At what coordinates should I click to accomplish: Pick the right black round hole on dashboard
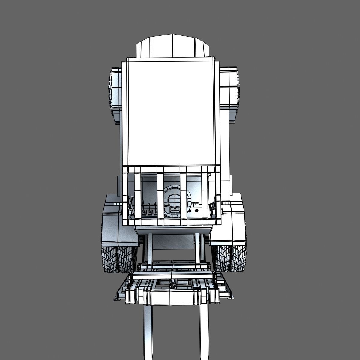pyautogui.click(x=197, y=211)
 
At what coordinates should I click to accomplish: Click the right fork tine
pyautogui.click(x=196, y=330)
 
